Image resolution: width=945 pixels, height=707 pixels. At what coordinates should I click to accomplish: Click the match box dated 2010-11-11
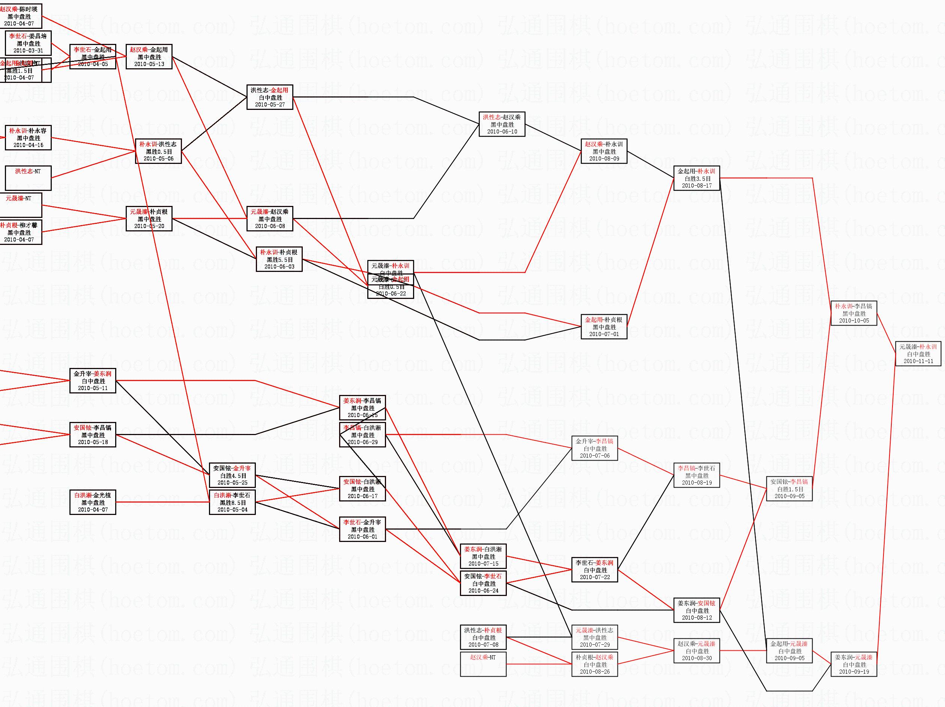[x=918, y=354]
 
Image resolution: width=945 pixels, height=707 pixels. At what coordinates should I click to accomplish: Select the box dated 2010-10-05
[x=853, y=313]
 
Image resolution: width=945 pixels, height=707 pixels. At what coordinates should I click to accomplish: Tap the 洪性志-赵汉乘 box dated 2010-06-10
[x=502, y=124]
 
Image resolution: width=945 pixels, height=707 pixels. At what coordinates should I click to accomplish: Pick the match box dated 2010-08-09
[x=604, y=151]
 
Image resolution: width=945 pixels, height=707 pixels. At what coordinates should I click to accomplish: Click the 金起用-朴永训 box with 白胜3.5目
[x=696, y=178]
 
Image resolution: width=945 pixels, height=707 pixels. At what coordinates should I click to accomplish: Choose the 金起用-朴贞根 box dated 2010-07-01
[x=604, y=327]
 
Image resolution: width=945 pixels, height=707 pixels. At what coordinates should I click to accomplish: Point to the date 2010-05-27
[x=270, y=105]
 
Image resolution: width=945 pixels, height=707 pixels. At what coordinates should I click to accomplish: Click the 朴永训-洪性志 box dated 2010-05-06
[x=158, y=151]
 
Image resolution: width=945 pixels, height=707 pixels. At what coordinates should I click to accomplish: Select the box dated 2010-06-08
[x=270, y=219]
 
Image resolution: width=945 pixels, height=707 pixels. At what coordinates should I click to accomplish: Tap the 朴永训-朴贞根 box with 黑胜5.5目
[x=279, y=259]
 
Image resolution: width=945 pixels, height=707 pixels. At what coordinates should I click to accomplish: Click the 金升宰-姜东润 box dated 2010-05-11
[x=93, y=381]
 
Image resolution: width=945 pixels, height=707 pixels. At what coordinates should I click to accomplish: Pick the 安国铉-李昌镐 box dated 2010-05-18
[x=93, y=435]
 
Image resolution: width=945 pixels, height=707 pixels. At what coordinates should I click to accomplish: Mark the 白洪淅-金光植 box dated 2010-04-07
[x=93, y=502]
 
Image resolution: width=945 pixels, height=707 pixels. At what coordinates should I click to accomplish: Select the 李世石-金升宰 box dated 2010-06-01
[x=362, y=529]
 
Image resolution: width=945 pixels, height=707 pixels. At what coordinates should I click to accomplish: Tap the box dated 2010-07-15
[x=483, y=556]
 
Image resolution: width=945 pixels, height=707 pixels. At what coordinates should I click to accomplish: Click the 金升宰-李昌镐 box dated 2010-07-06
[x=595, y=448]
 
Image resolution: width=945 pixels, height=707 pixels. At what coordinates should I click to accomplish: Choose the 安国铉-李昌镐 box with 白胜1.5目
[x=789, y=489]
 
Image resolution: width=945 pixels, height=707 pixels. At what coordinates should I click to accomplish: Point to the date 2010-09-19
[x=853, y=671]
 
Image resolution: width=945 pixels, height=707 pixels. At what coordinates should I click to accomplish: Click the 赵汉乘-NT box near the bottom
[x=483, y=664]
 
